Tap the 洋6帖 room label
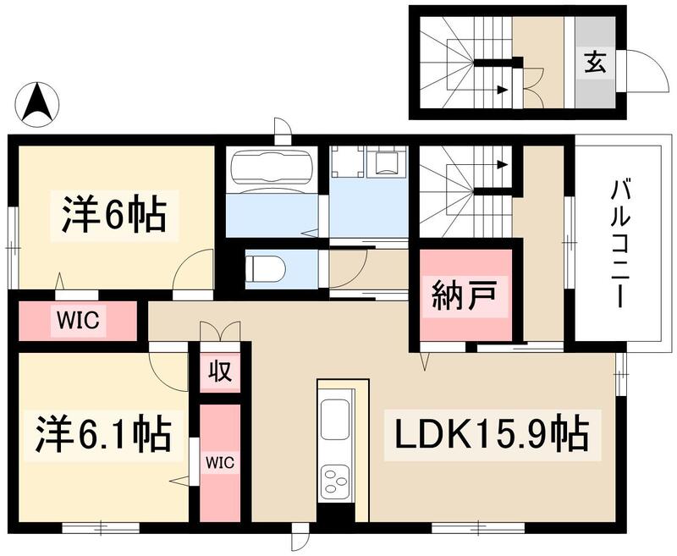[x=113, y=216]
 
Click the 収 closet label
[x=220, y=371]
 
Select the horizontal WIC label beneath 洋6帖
[x=79, y=320]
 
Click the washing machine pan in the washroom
[x=391, y=161]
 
